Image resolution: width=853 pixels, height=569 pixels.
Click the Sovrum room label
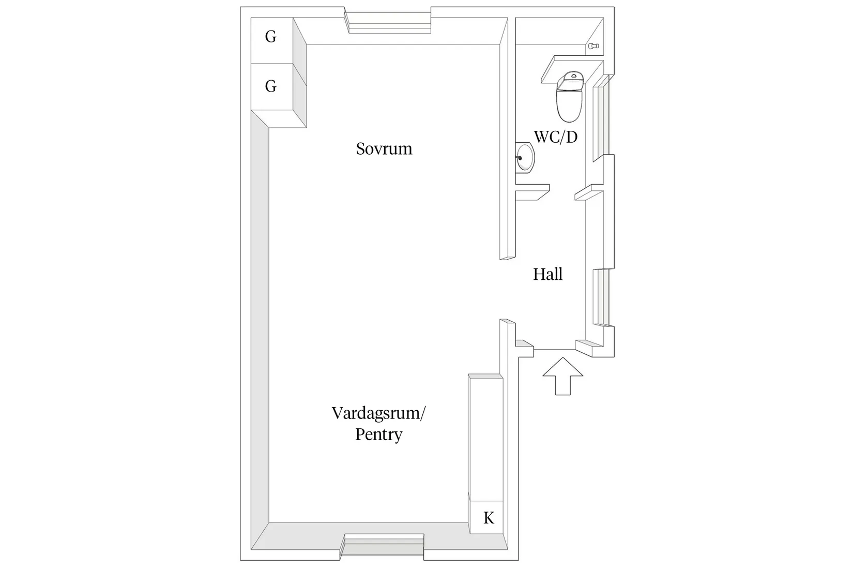384,148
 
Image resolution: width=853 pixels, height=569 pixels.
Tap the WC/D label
556,137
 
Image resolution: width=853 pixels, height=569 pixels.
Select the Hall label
547,274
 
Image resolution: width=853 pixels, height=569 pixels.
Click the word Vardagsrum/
378,413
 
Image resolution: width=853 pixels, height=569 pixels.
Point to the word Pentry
378,435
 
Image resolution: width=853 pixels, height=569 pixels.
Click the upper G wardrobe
271,40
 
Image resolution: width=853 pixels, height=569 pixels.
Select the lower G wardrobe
271,87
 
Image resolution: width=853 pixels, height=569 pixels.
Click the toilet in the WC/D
570,96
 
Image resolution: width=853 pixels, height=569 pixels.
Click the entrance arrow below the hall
563,376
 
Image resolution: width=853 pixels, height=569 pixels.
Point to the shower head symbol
593,46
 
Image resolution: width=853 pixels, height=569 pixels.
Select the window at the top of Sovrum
390,23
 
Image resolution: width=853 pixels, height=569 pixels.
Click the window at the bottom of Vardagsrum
383,544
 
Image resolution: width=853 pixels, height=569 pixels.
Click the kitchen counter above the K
486,438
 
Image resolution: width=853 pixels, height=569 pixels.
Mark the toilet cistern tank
571,80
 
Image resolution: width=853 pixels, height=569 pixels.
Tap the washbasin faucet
519,157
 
